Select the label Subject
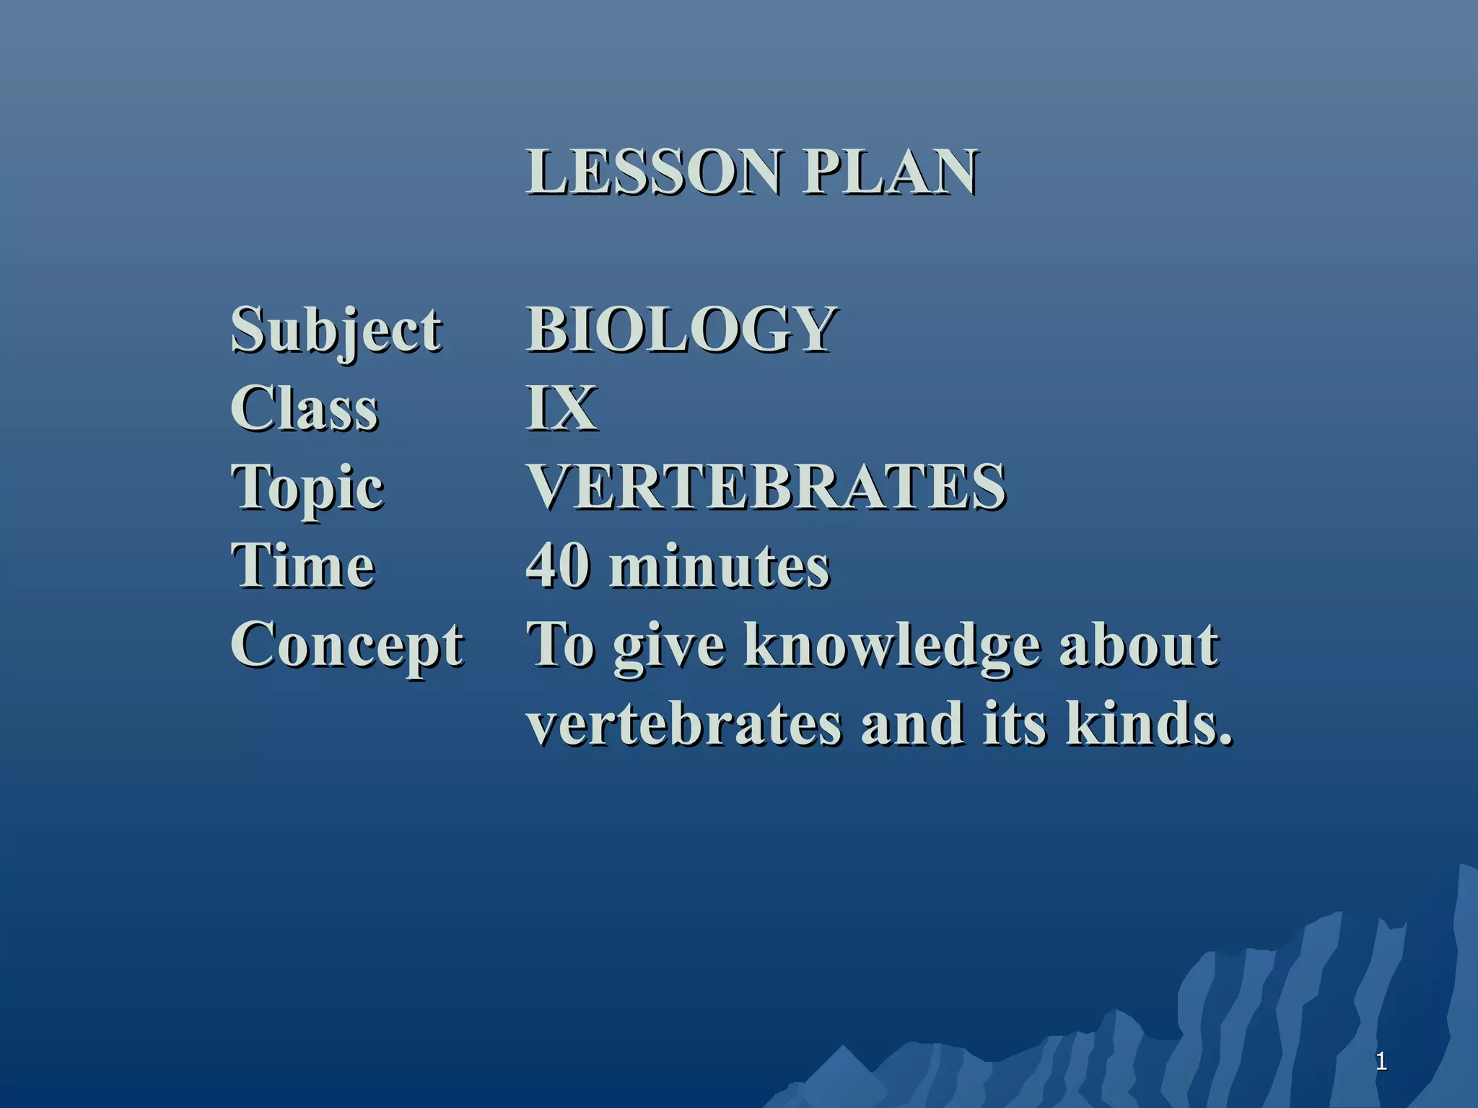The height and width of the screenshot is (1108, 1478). click(336, 330)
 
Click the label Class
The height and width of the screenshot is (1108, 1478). click(305, 408)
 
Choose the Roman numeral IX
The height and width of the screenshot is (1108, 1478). click(562, 408)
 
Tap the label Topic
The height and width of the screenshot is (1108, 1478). click(307, 488)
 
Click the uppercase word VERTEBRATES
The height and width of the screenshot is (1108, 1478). click(766, 487)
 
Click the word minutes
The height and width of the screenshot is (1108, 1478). click(720, 567)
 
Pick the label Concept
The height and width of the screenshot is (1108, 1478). click(347, 646)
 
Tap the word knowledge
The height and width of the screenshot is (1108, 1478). click(893, 646)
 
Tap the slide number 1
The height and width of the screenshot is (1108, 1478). click(1381, 1061)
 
